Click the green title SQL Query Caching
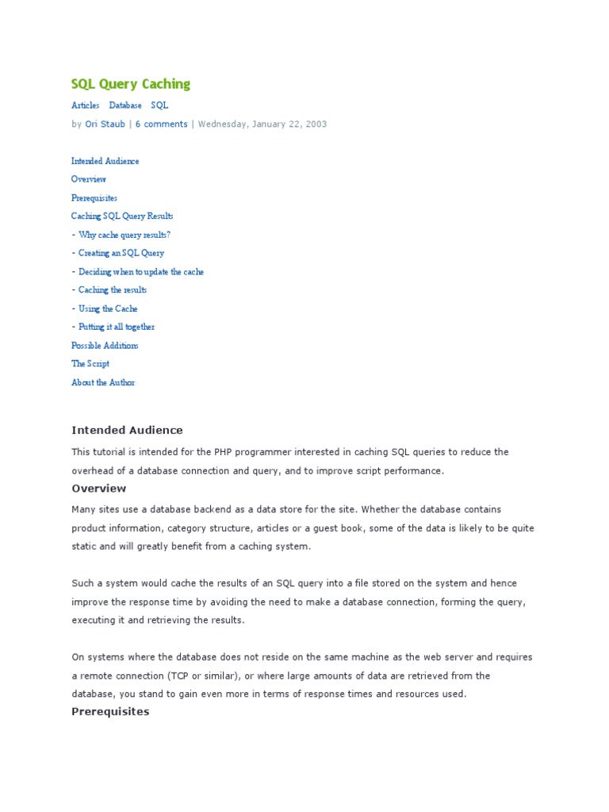(x=131, y=84)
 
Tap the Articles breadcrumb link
(x=86, y=105)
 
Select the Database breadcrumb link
(x=125, y=105)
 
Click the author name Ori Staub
(x=105, y=124)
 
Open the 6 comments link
(x=161, y=124)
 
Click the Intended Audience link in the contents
(x=105, y=161)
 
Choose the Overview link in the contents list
(x=89, y=179)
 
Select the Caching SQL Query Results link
(x=122, y=216)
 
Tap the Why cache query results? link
(x=124, y=235)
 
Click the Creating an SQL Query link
(x=121, y=253)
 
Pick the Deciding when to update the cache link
(x=141, y=271)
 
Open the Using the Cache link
(x=108, y=308)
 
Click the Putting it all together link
(x=117, y=327)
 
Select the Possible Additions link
(x=105, y=346)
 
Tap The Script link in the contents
(x=90, y=364)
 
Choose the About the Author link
(x=103, y=382)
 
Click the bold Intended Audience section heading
(x=127, y=430)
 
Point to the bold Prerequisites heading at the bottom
(x=110, y=711)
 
